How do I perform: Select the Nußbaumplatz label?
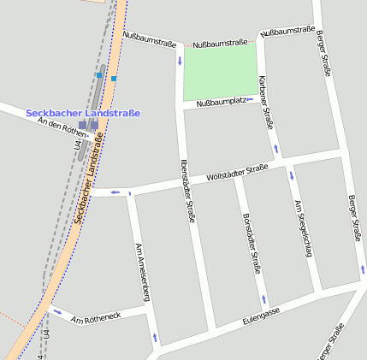tap(222, 103)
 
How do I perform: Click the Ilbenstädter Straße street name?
tap(188, 191)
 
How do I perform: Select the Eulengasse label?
tap(262, 317)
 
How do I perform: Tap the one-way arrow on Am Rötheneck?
tap(56, 311)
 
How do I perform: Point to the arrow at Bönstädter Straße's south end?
tap(263, 300)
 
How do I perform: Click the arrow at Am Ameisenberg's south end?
tap(155, 338)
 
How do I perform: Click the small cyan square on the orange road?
tap(114, 78)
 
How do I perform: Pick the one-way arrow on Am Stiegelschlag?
tap(291, 176)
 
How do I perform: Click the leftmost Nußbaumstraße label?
tap(150, 38)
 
